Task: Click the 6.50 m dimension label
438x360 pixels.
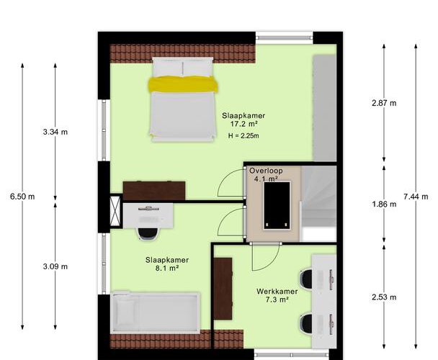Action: [22, 197]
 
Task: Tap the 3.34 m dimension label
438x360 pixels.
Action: [55, 132]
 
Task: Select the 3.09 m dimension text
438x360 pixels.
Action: [55, 266]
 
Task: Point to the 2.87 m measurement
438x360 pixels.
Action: [384, 103]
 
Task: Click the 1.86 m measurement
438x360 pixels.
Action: [384, 204]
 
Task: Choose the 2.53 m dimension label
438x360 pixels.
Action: [384, 297]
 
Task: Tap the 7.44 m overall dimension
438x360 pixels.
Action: [416, 197]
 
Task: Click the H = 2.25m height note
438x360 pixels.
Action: [243, 136]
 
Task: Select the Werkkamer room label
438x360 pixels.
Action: [277, 292]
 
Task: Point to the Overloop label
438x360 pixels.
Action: [266, 171]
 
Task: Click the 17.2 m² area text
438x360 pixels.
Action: [243, 124]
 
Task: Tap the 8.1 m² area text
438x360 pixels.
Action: [167, 268]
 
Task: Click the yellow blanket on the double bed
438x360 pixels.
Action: [183, 84]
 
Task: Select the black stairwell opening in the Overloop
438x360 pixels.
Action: [277, 205]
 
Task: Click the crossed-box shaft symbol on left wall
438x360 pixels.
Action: [115, 211]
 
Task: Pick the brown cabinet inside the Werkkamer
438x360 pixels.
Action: [223, 289]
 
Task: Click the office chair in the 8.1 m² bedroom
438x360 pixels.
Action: [148, 233]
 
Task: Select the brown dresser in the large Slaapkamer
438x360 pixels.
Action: [154, 191]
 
